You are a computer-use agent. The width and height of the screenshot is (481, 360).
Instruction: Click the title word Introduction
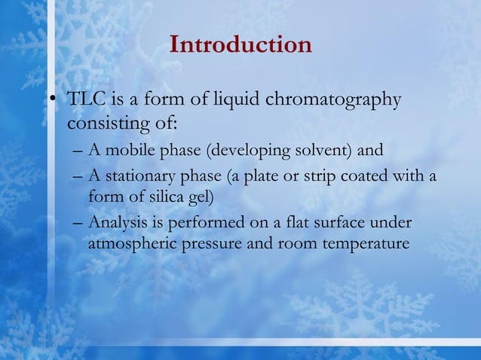coord(240,44)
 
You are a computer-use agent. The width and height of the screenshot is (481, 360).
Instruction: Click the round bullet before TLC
coord(54,101)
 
